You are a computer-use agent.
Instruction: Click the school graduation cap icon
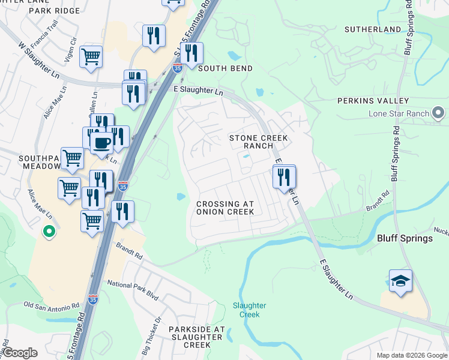[x=400, y=281]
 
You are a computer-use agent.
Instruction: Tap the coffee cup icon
[x=101, y=143]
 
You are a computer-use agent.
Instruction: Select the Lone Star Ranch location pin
[x=439, y=113]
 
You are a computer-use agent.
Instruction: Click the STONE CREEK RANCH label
[x=259, y=142]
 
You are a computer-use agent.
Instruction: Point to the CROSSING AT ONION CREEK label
[x=226, y=208]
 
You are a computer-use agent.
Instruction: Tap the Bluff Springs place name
[x=405, y=238]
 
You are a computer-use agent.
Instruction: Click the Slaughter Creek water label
[x=249, y=310]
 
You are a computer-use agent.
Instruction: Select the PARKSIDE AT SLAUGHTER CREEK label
[x=196, y=337]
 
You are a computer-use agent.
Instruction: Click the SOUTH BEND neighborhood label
[x=225, y=68]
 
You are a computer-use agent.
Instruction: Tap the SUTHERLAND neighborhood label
[x=373, y=29]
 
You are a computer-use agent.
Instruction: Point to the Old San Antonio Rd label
[x=52, y=305]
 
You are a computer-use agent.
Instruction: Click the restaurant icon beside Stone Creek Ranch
[x=284, y=177]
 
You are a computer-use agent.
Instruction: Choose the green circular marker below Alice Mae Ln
[x=49, y=230]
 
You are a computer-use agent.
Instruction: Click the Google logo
[x=20, y=353]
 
